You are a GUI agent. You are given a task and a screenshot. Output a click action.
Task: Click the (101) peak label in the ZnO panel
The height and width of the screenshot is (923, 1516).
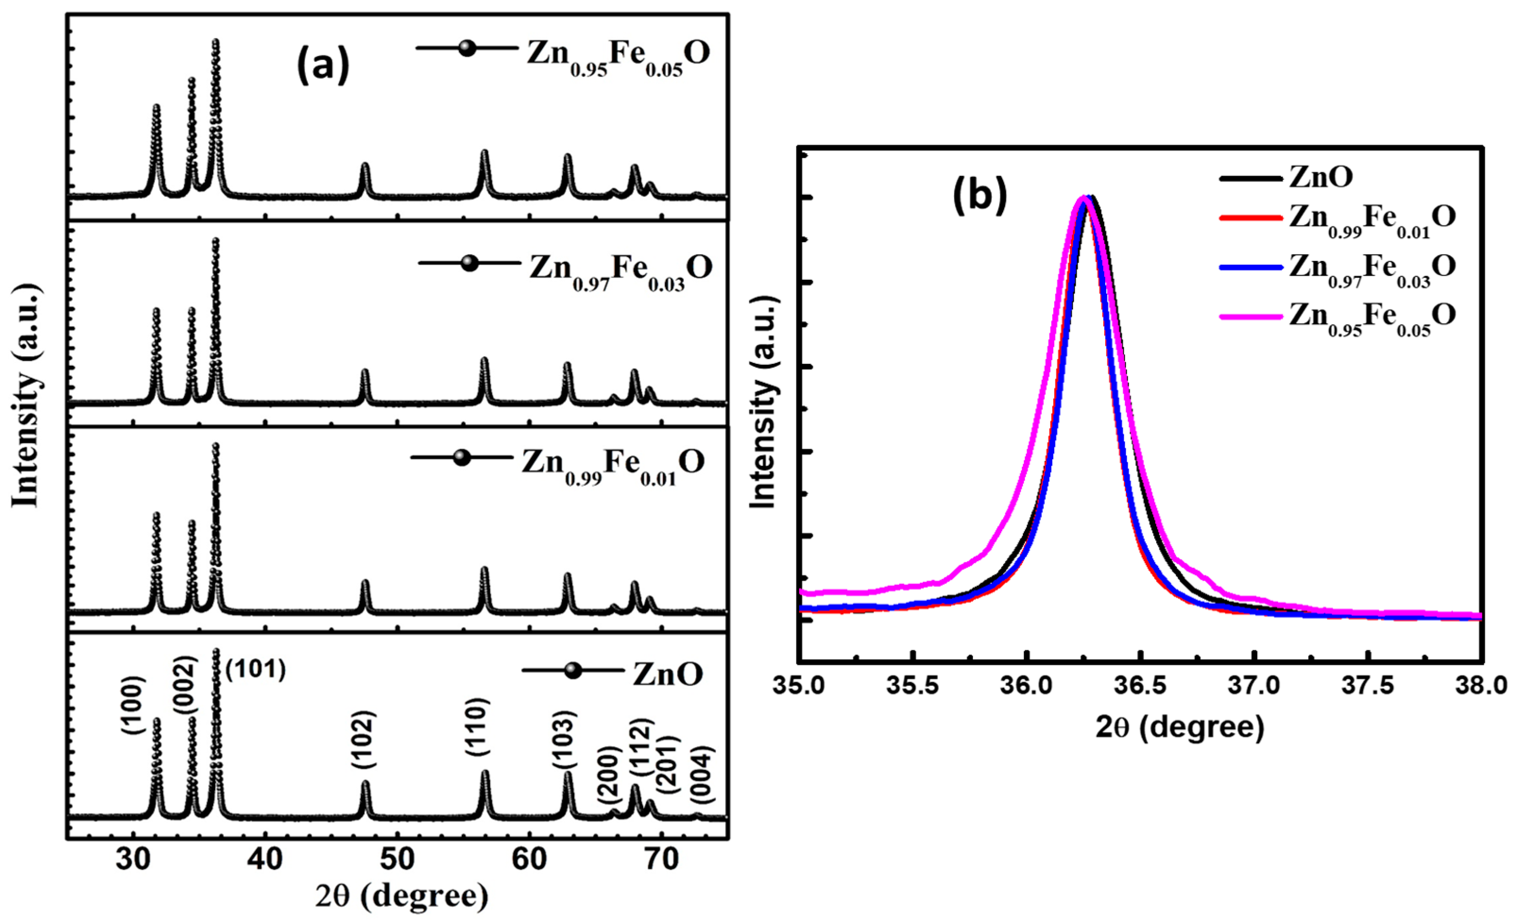(256, 670)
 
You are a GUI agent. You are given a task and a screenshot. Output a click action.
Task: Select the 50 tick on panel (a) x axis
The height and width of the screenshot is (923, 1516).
(397, 860)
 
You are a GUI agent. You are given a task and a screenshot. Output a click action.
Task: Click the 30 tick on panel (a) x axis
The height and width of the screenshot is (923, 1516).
(133, 860)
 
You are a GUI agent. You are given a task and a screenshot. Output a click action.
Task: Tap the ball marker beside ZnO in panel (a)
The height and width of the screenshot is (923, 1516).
(573, 670)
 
